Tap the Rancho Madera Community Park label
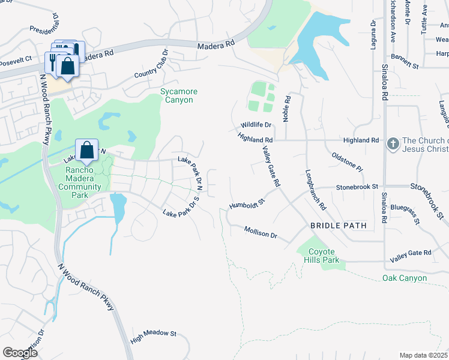pos(84,178)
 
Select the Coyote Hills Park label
pos(324,256)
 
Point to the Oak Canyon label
pos(405,278)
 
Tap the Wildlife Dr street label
pos(256,125)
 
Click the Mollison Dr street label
pos(261,232)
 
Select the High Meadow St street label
pos(153,335)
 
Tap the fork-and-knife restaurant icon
pos(53,61)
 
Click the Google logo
pos(20,353)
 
